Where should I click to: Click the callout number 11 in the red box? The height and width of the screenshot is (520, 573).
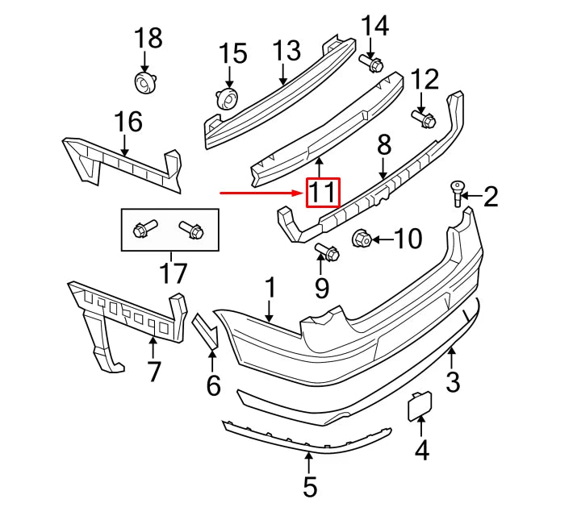(x=321, y=193)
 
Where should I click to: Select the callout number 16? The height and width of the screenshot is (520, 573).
(x=128, y=123)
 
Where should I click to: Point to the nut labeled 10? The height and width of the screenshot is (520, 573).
(x=362, y=238)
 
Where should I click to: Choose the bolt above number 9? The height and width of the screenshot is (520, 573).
(x=327, y=252)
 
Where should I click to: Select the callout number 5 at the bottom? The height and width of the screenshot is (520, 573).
(x=310, y=486)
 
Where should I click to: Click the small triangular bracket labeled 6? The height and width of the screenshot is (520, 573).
(x=205, y=332)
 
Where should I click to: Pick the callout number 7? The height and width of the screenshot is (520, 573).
(x=153, y=371)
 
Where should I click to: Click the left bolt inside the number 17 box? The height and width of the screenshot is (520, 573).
(x=145, y=229)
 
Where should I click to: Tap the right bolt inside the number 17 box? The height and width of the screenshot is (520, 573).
(x=190, y=230)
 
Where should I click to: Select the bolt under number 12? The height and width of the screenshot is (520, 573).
(x=421, y=118)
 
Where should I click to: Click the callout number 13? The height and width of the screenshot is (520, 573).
(x=286, y=52)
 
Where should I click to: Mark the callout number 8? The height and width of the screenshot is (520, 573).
(x=383, y=145)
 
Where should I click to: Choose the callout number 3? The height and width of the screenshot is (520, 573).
(x=453, y=381)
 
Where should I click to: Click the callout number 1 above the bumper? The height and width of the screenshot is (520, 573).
(x=270, y=288)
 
